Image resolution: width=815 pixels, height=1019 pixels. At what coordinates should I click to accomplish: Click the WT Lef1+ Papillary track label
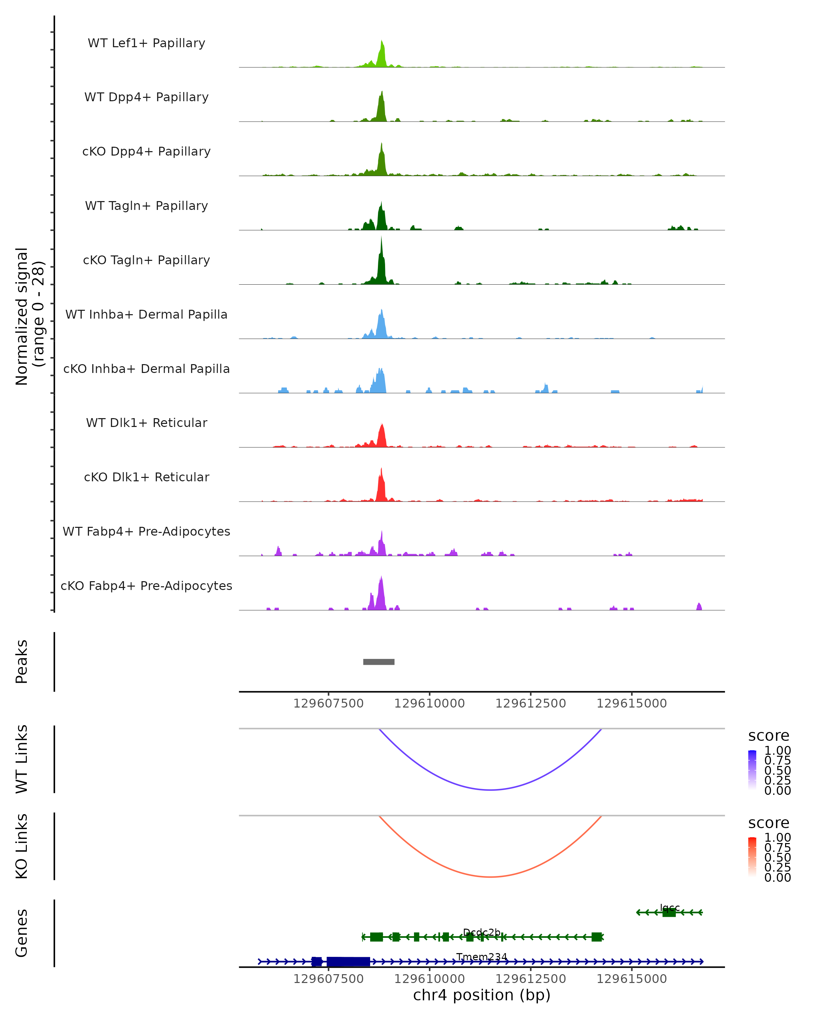pos(146,43)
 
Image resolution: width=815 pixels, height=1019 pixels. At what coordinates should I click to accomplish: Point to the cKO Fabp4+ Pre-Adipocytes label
pos(146,586)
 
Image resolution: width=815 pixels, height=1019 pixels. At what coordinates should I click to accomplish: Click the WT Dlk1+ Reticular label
pos(146,423)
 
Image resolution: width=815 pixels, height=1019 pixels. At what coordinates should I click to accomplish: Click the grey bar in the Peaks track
pos(378,662)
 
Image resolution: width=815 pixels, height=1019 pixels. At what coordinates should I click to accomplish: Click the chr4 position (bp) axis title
pos(482,995)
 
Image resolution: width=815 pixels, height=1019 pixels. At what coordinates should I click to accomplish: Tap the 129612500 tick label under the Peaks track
pos(530,703)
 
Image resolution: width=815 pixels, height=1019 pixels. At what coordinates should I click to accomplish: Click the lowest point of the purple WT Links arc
pos(491,790)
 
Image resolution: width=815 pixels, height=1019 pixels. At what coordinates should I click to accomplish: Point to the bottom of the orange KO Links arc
pos(491,877)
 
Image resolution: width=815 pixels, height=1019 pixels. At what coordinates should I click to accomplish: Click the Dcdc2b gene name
pos(482,932)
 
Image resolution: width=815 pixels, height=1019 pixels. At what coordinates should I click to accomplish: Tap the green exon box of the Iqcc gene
pos(669,912)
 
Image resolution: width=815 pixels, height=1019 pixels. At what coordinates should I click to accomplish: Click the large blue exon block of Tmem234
pos(348,961)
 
